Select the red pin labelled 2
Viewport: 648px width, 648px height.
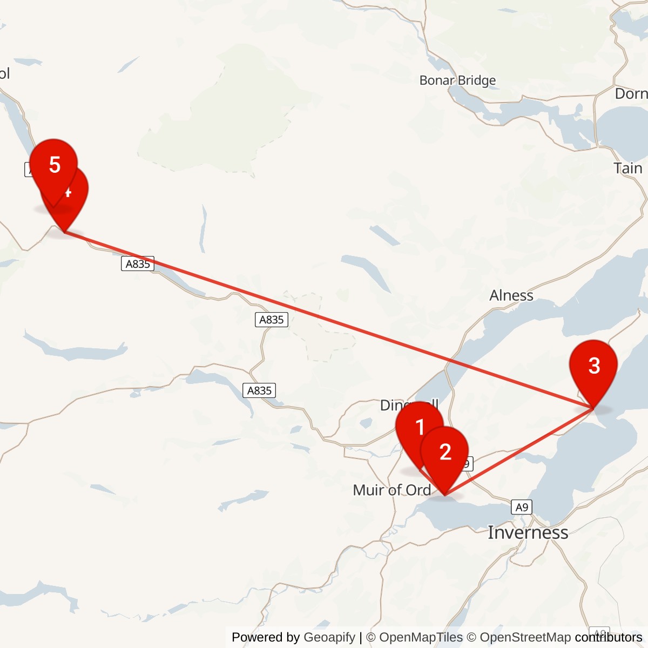pyautogui.click(x=444, y=452)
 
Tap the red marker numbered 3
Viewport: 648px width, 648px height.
pyautogui.click(x=593, y=366)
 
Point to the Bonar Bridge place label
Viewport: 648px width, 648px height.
pyautogui.click(x=457, y=80)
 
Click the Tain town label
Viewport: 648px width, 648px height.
pyautogui.click(x=628, y=168)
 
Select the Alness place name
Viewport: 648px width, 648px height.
pyautogui.click(x=511, y=295)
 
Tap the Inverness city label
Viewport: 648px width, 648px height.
pyautogui.click(x=528, y=532)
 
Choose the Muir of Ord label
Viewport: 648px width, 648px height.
pyautogui.click(x=391, y=490)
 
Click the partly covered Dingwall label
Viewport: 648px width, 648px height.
pyautogui.click(x=390, y=405)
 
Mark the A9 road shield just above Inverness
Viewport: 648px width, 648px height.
pyautogui.click(x=521, y=507)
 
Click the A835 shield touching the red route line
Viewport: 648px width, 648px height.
pyautogui.click(x=138, y=264)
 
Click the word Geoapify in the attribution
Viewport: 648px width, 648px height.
pyautogui.click(x=329, y=638)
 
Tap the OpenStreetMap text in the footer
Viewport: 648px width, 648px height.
pyautogui.click(x=525, y=638)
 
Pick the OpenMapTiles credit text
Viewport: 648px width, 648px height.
pyautogui.click(x=421, y=638)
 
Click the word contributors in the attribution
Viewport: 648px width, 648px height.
pyautogui.click(x=608, y=638)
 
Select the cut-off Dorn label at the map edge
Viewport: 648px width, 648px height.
pyautogui.click(x=631, y=94)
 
